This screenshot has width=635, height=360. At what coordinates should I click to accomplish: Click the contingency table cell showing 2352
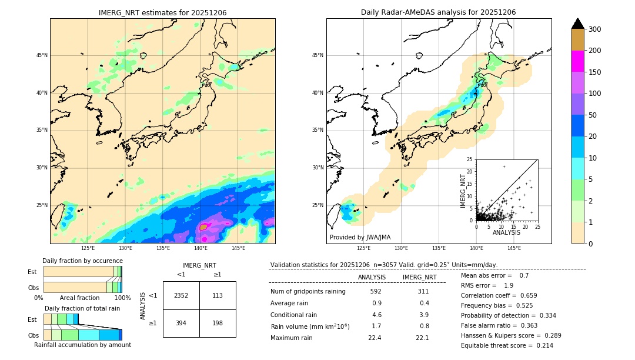click(181, 295)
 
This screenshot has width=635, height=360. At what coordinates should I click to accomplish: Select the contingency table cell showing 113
click(218, 295)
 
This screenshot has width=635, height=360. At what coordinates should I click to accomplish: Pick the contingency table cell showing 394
click(181, 323)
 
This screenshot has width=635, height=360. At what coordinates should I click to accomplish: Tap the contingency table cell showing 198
click(218, 323)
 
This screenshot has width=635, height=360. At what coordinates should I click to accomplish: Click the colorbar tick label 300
click(596, 29)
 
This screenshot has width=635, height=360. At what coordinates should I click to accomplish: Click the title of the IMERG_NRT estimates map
click(162, 12)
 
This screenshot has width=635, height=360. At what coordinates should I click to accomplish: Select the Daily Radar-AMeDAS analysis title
click(439, 12)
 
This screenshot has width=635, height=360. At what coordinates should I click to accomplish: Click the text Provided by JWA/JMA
click(360, 237)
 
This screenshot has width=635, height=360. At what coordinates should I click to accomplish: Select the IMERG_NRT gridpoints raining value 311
click(423, 291)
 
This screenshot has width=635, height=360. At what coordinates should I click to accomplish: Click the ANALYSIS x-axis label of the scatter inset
click(507, 233)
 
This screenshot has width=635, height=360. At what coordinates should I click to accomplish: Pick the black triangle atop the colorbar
click(578, 24)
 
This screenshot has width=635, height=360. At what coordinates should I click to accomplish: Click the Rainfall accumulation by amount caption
click(82, 345)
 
